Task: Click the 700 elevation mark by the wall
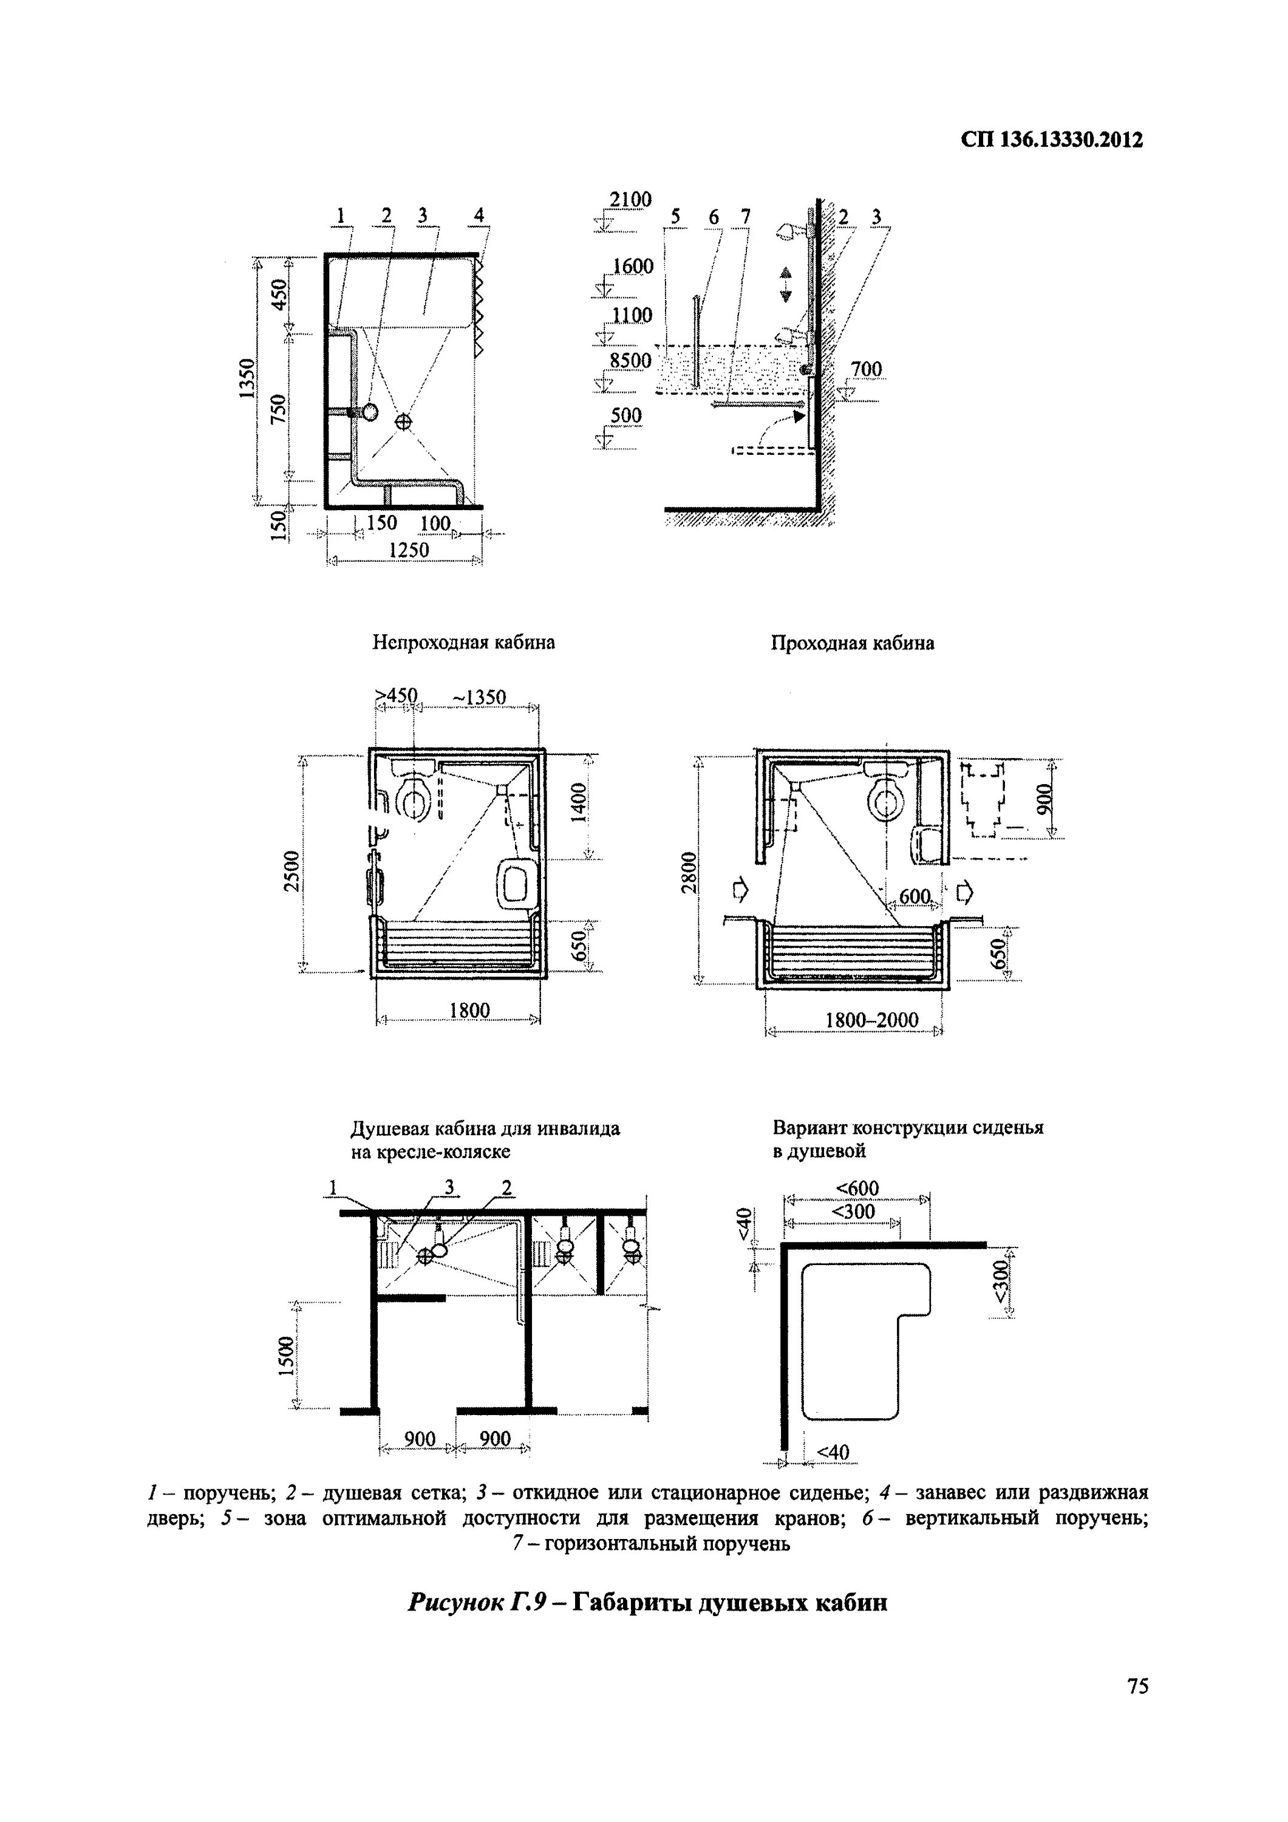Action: point(866,369)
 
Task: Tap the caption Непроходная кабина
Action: point(463,643)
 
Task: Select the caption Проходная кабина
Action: point(853,643)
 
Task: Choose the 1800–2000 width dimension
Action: point(871,1020)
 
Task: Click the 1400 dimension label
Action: point(579,803)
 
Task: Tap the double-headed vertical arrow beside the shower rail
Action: point(786,285)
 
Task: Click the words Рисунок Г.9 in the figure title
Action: point(474,1602)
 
